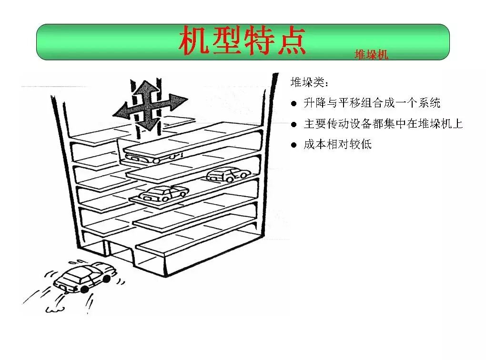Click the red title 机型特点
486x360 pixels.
242,41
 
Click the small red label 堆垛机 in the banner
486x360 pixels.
371,55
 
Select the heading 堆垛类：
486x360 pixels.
309,82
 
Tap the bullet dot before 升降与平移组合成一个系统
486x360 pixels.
294,103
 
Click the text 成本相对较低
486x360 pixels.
337,144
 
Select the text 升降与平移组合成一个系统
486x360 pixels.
372,103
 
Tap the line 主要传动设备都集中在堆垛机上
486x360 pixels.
383,124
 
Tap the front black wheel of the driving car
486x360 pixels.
85,288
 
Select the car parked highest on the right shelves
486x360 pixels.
228,175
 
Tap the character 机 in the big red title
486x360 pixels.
194,41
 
